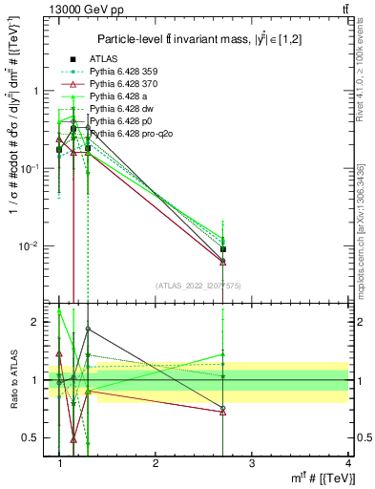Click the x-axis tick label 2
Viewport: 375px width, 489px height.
pos(156,463)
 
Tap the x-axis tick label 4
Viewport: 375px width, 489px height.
pos(347,463)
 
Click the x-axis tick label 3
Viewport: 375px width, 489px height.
pos(251,463)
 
